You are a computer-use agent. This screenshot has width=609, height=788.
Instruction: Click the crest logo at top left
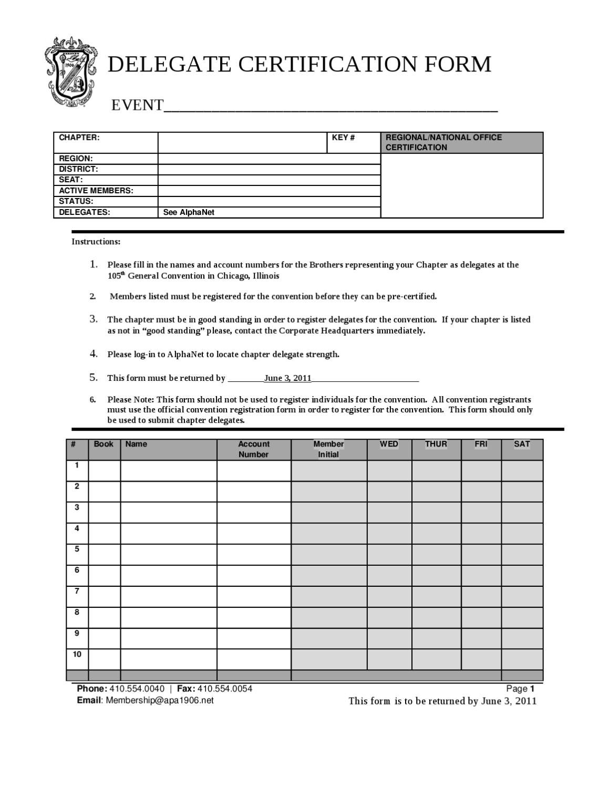tap(70, 72)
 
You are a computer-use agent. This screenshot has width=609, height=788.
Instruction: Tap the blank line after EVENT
tap(331, 107)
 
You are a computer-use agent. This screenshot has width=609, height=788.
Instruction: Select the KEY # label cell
tap(353, 142)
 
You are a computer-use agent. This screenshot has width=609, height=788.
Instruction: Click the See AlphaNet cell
tap(269, 213)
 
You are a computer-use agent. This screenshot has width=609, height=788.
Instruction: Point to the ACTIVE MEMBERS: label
tap(96, 191)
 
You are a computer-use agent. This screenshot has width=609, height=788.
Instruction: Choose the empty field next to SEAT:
tap(269, 180)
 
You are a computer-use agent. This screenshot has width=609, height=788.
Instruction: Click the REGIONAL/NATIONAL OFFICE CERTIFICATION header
tap(461, 142)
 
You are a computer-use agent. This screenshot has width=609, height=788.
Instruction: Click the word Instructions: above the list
tap(96, 242)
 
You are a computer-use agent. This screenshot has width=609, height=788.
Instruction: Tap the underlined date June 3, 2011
tap(287, 378)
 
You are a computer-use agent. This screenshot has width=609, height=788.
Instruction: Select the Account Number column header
tap(254, 449)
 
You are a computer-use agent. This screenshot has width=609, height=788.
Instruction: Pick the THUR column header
tap(436, 444)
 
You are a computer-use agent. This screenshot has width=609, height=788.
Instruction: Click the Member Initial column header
tap(328, 449)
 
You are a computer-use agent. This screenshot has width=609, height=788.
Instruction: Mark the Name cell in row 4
tap(169, 533)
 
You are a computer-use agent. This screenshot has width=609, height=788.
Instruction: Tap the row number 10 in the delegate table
tap(77, 655)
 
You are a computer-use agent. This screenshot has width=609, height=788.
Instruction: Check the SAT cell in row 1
tap(522, 470)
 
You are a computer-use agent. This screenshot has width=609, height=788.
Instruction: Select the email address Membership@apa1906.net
tap(160, 700)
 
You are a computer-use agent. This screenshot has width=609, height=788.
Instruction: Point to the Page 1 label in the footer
tap(520, 689)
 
